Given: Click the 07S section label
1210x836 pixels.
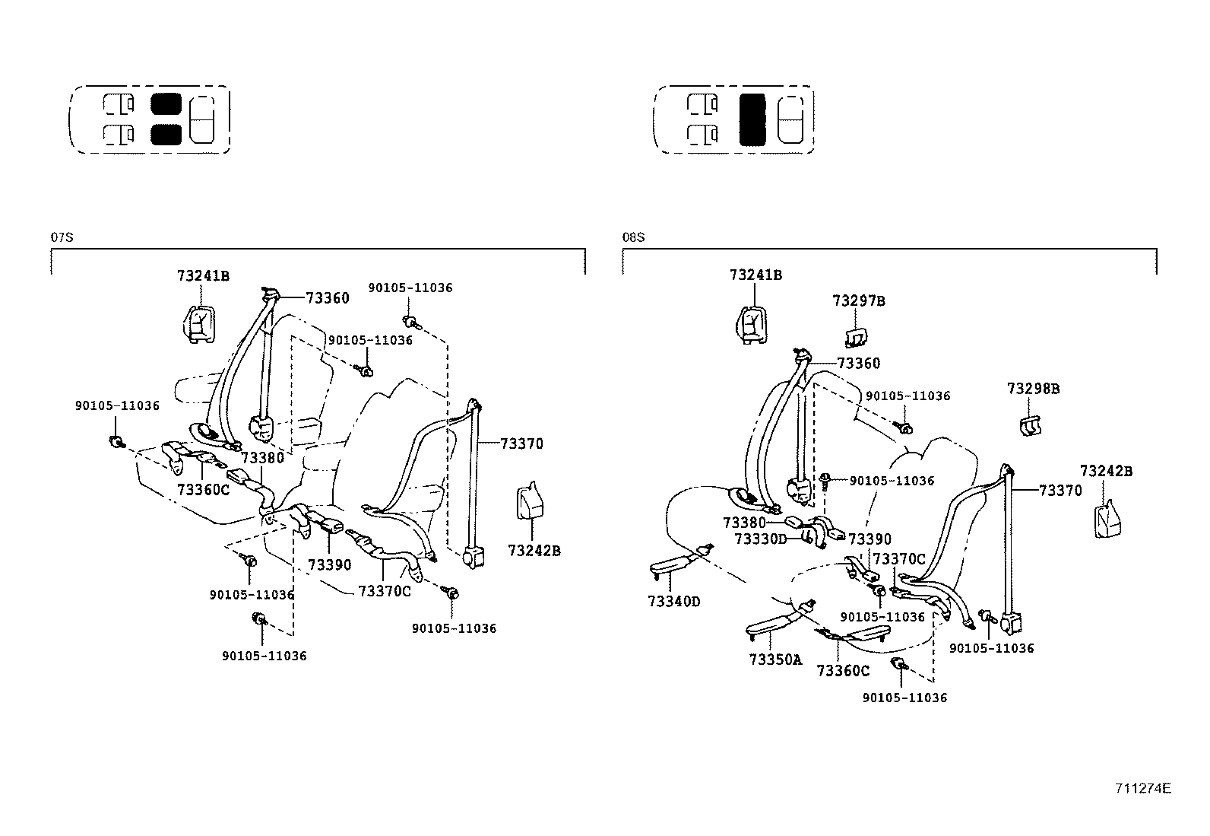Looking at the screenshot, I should pos(62,237).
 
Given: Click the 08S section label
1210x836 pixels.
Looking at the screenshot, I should pos(633,237).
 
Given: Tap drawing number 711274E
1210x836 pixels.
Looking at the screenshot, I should pos(1143,788).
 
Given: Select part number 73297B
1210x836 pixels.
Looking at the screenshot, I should pos(859,301).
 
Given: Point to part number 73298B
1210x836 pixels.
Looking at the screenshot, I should pos(1033,389).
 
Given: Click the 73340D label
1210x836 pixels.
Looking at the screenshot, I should pos(674,602).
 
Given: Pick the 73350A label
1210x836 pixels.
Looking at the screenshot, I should pos(775,660).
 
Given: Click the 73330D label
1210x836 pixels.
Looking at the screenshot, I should pos(761,539).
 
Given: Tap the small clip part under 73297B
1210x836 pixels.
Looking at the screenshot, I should pos(856,336).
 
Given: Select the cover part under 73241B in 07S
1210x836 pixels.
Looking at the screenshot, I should pos(198,323).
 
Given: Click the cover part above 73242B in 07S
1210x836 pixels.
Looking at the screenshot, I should pos(530,503).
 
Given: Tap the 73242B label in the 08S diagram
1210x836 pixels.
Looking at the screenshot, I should pos(1106,472).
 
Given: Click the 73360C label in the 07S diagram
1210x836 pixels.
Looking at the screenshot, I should pos(203,490).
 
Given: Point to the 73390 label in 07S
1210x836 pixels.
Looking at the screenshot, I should pos(330,565).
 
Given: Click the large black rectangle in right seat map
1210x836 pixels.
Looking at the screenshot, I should pos(752,119).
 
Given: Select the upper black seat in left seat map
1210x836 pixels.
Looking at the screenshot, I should pos(166,103).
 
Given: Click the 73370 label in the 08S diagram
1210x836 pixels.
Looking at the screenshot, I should pos(1060,491).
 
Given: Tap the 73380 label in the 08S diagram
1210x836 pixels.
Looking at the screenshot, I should pos(744,523).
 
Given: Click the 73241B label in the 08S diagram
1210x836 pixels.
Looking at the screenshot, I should pos(755,275).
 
